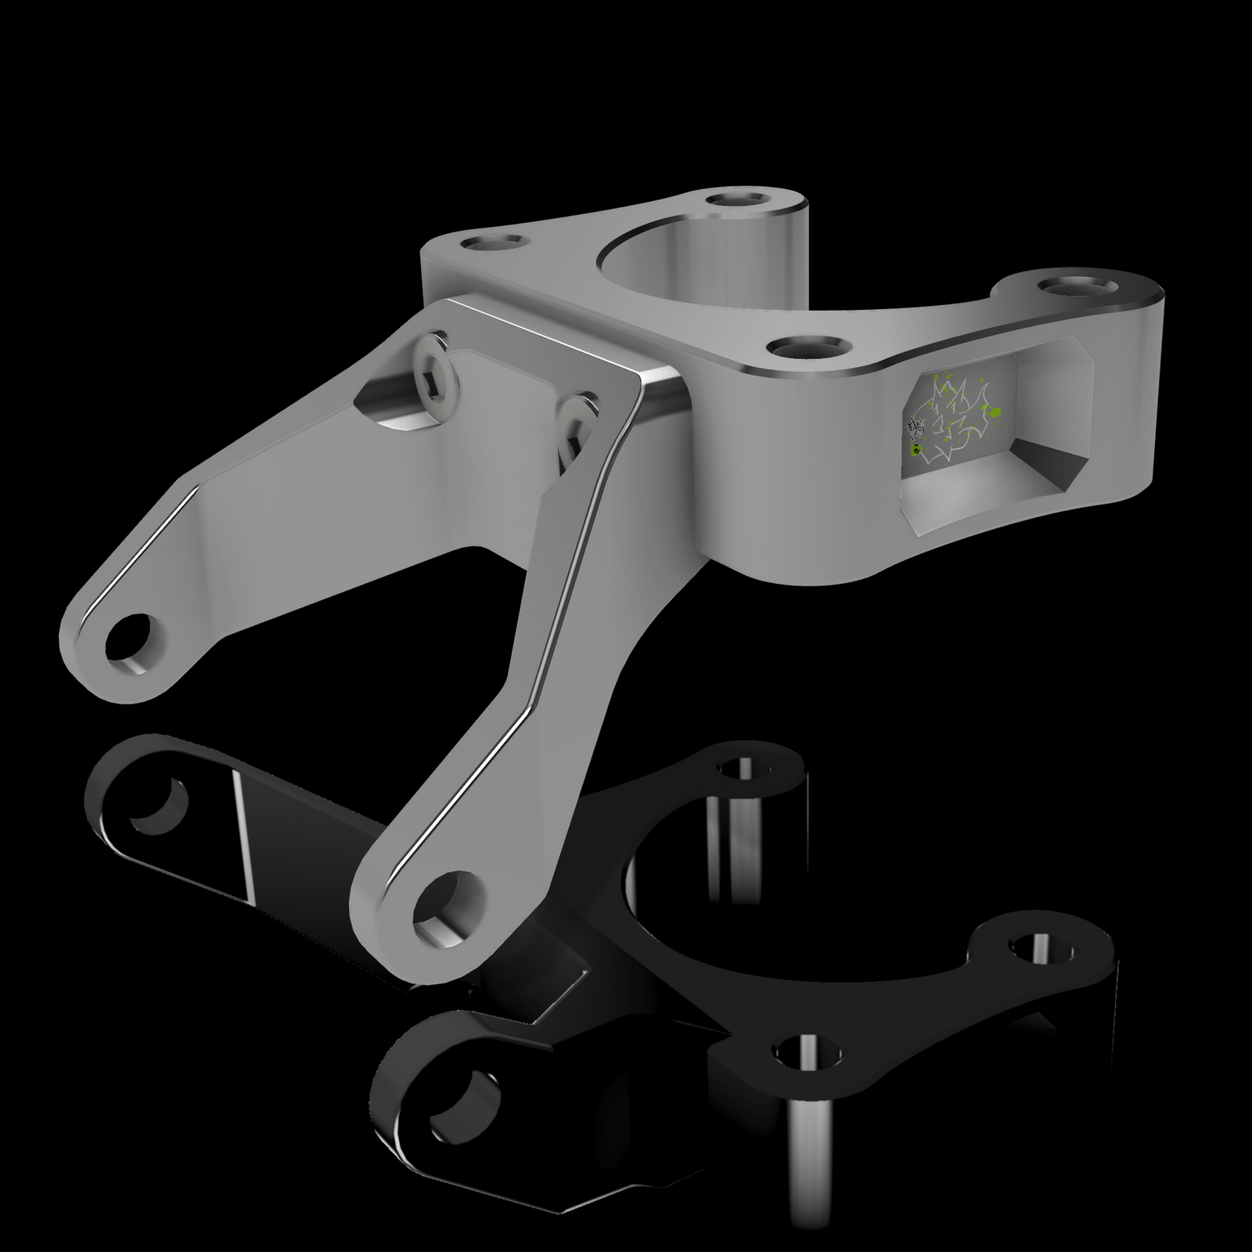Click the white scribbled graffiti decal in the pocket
951,426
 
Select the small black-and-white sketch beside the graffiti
916,427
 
